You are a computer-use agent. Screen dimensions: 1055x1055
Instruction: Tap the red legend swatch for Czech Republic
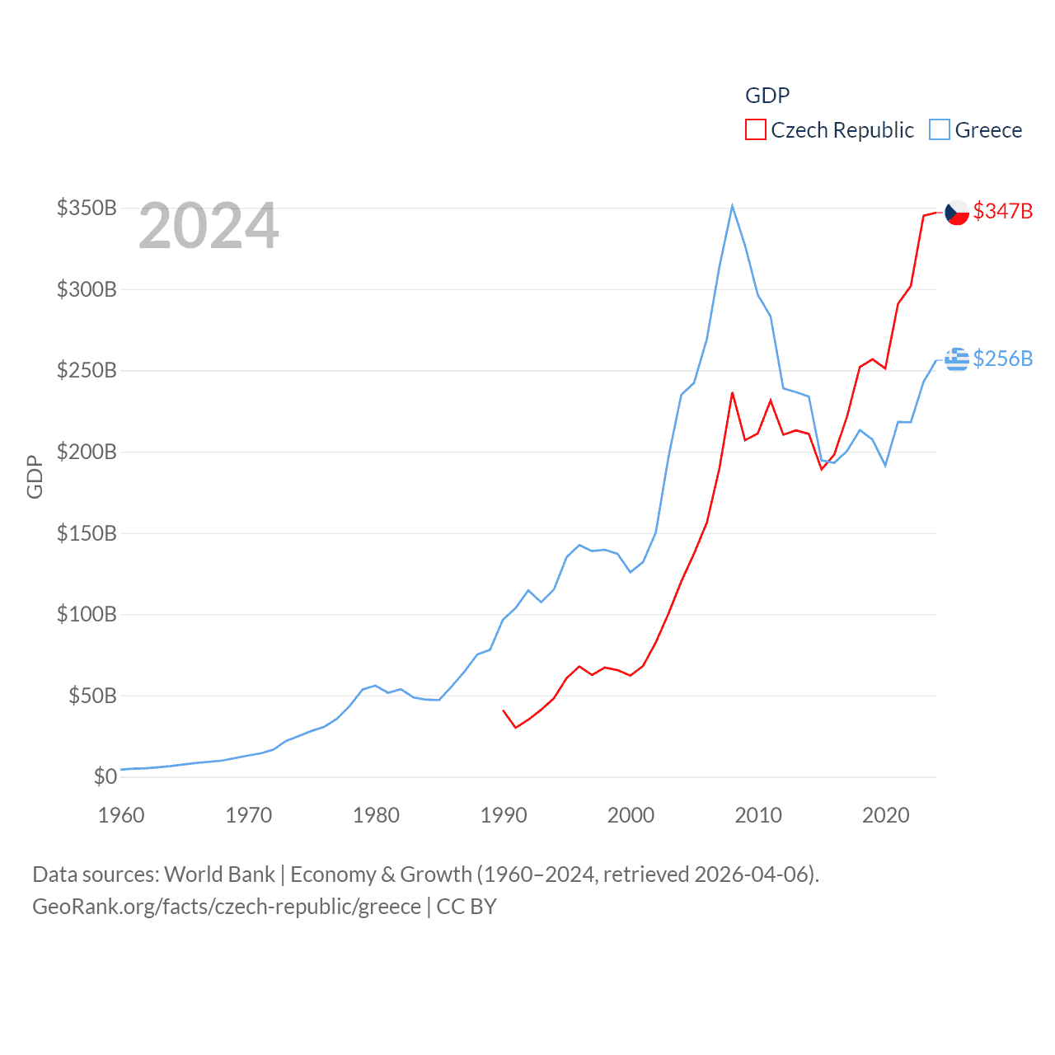point(755,130)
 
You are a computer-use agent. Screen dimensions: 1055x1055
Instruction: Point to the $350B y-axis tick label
point(87,208)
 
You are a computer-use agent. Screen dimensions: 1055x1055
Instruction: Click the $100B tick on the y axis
point(87,614)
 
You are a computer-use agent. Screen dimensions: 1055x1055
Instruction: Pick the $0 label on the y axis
point(105,776)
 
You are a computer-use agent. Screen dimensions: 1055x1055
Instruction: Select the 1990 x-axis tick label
point(503,815)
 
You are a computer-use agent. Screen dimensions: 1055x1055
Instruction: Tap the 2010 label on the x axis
point(757,815)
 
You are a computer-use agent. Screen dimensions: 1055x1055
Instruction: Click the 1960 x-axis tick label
point(121,815)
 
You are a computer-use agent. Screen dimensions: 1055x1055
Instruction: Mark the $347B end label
point(1002,211)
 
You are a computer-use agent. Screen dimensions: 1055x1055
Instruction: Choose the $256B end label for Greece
point(1002,359)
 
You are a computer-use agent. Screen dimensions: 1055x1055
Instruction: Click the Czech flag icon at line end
point(956,212)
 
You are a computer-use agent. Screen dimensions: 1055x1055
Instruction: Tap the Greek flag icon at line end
point(956,359)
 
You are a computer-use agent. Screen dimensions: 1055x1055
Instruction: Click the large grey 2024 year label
point(209,226)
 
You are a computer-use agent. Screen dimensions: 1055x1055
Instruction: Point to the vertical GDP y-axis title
point(35,476)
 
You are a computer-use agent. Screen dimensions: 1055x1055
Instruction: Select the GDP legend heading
point(767,96)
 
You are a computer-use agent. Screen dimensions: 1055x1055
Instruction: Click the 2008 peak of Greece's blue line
point(732,206)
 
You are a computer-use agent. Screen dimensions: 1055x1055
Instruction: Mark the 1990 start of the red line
point(503,710)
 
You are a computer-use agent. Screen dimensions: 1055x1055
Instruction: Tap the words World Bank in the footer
point(219,874)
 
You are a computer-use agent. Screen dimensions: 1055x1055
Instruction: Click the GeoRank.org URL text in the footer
point(227,907)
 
